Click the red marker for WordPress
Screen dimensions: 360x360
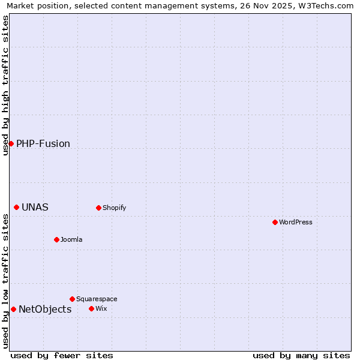(275, 222)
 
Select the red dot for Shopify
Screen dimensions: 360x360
(98, 208)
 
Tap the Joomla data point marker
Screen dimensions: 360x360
(56, 239)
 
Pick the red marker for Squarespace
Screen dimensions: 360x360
(72, 299)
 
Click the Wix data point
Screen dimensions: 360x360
(91, 308)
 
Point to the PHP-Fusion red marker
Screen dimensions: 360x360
(11, 143)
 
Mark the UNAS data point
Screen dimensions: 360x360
(16, 207)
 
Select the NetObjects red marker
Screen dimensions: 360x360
(13, 309)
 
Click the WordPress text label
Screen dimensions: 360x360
(296, 222)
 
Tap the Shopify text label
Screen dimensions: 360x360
(114, 208)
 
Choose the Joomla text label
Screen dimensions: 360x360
(71, 239)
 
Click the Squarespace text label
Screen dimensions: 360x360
(97, 299)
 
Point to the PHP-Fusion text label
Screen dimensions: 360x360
(43, 143)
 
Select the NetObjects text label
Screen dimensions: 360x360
(45, 309)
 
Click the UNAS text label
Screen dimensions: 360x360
(35, 207)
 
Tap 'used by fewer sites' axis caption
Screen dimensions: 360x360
(62, 355)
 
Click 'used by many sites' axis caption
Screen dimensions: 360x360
(301, 355)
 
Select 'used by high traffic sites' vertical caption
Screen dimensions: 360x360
(5, 85)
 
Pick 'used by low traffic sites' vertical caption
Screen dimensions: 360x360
(5, 281)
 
